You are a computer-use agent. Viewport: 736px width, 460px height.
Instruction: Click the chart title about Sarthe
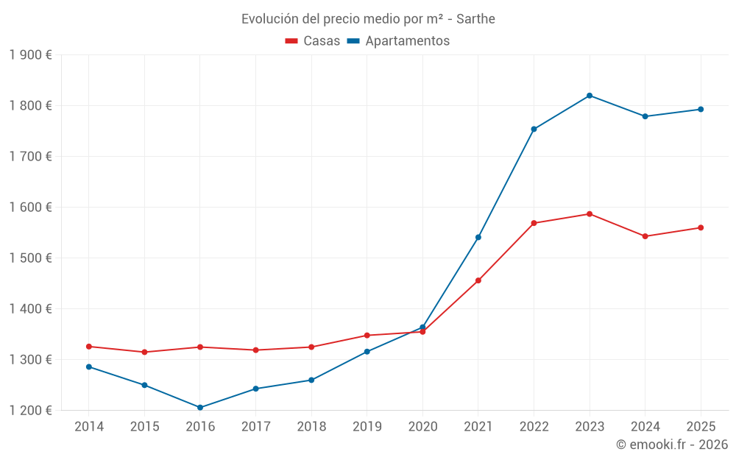pyautogui.click(x=368, y=18)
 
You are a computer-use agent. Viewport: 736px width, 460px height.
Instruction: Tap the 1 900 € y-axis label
pyautogui.click(x=31, y=55)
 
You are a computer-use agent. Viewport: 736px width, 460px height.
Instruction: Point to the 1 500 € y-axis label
pyautogui.click(x=31, y=258)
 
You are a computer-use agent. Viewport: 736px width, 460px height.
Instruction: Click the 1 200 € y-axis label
pyautogui.click(x=31, y=411)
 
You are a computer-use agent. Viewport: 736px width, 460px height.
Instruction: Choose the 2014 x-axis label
pyautogui.click(x=89, y=427)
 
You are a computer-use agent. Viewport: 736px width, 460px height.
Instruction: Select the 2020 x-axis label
pyautogui.click(x=422, y=427)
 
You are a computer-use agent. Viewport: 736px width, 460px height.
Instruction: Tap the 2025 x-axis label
pyautogui.click(x=701, y=427)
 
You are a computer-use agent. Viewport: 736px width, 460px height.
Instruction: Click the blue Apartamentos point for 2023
pyautogui.click(x=590, y=96)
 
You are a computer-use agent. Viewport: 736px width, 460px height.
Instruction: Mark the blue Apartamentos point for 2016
pyautogui.click(x=200, y=408)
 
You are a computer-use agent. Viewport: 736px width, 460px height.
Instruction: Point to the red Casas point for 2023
pyautogui.click(x=590, y=214)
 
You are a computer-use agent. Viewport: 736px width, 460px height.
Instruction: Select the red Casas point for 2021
pyautogui.click(x=478, y=280)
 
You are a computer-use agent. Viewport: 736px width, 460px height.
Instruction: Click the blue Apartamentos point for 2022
pyautogui.click(x=534, y=130)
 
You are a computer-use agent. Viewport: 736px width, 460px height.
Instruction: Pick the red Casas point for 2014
pyautogui.click(x=89, y=347)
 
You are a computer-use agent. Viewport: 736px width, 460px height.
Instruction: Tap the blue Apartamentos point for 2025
pyautogui.click(x=701, y=110)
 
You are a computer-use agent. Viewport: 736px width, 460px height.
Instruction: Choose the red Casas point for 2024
pyautogui.click(x=645, y=236)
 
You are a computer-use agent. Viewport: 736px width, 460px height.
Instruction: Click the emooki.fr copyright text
pyautogui.click(x=672, y=445)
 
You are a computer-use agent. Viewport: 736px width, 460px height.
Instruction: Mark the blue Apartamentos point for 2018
pyautogui.click(x=311, y=381)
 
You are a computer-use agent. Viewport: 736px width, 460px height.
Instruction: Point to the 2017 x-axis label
pyautogui.click(x=255, y=427)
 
